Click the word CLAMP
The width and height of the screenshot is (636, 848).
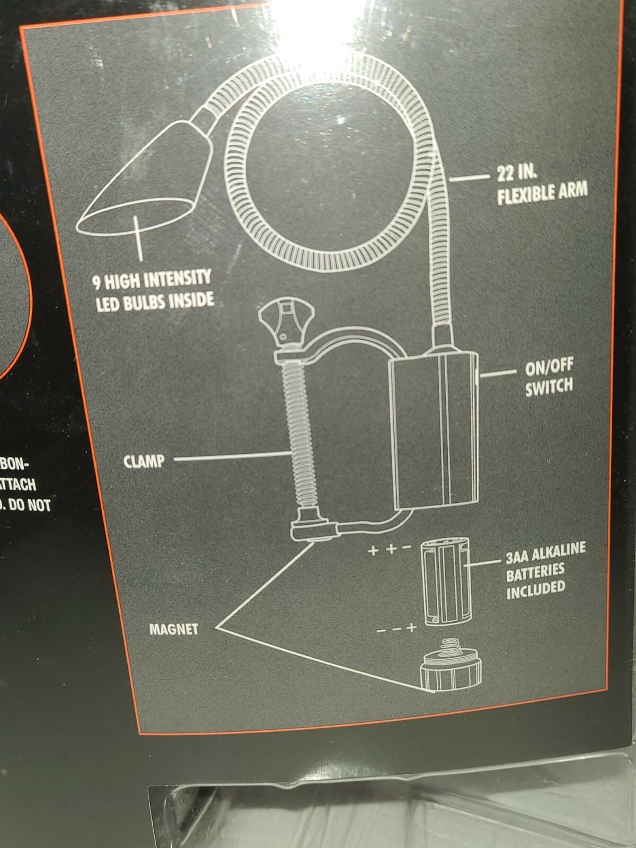(x=144, y=461)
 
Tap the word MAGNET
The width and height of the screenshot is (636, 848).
(x=173, y=630)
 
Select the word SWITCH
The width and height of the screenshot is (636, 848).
(x=549, y=386)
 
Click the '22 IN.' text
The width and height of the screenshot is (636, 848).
(x=516, y=173)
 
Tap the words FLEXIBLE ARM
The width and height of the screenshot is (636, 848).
(x=542, y=193)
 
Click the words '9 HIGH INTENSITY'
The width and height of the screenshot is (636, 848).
(x=152, y=280)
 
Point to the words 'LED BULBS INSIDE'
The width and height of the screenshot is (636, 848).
(x=155, y=302)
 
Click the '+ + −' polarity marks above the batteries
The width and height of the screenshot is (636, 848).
(x=390, y=549)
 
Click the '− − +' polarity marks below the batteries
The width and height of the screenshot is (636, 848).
(x=396, y=629)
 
